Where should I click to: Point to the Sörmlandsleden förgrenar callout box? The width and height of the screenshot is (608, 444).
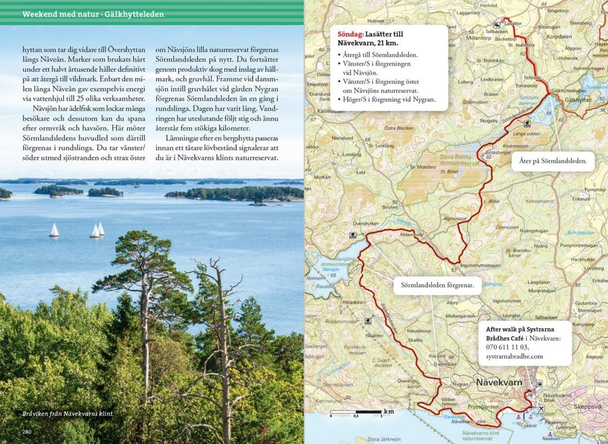click(435, 285)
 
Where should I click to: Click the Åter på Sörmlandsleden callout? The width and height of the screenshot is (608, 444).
click(553, 161)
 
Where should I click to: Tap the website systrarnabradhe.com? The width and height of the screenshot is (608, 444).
click(514, 356)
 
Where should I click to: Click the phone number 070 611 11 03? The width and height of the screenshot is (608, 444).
click(507, 347)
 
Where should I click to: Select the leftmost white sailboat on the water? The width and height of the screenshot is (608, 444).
click(54, 230)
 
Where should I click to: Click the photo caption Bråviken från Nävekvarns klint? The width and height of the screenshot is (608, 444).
click(68, 414)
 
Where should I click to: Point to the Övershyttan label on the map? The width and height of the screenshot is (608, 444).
click(365, 224)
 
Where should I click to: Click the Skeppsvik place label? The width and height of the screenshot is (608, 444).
click(588, 406)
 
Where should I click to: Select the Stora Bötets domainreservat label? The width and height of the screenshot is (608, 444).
click(453, 160)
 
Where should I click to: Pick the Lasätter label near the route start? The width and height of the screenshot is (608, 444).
click(513, 24)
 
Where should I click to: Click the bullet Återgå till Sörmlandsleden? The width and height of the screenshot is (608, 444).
click(380, 55)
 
